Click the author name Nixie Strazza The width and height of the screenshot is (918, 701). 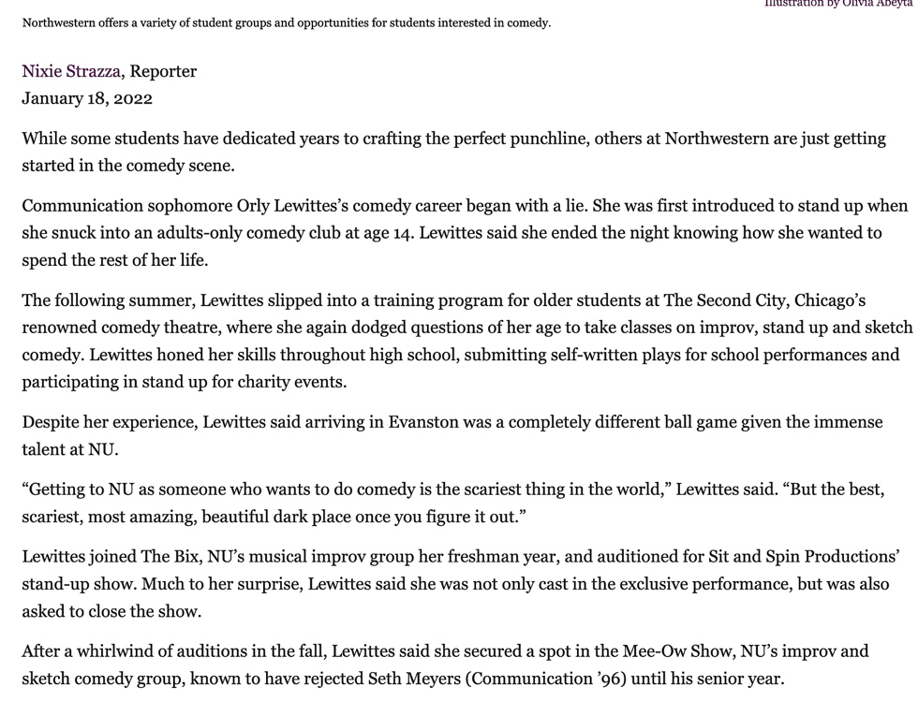[71, 71]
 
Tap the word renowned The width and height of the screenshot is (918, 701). [56, 328]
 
